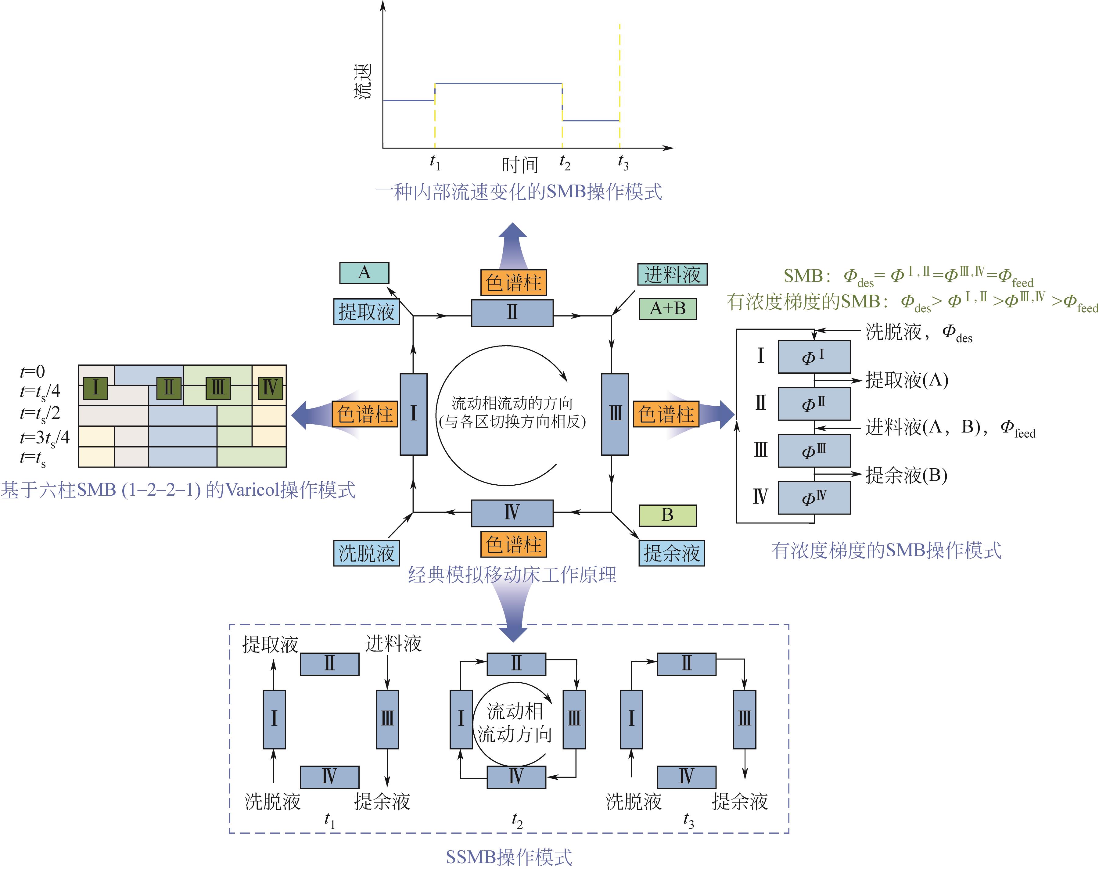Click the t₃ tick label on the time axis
[x=623, y=163]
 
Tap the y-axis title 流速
[x=363, y=81]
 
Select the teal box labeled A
[x=364, y=273]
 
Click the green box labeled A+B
[x=667, y=308]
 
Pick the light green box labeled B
[x=667, y=515]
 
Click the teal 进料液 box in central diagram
[x=672, y=275]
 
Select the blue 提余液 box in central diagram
[x=672, y=553]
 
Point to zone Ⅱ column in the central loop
[x=512, y=312]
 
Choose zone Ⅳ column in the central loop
[x=512, y=513]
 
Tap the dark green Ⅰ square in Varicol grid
[x=95, y=388]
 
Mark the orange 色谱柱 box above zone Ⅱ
[x=513, y=282]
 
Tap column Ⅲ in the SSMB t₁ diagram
[x=387, y=719]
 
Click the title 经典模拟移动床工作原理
[x=512, y=575]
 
